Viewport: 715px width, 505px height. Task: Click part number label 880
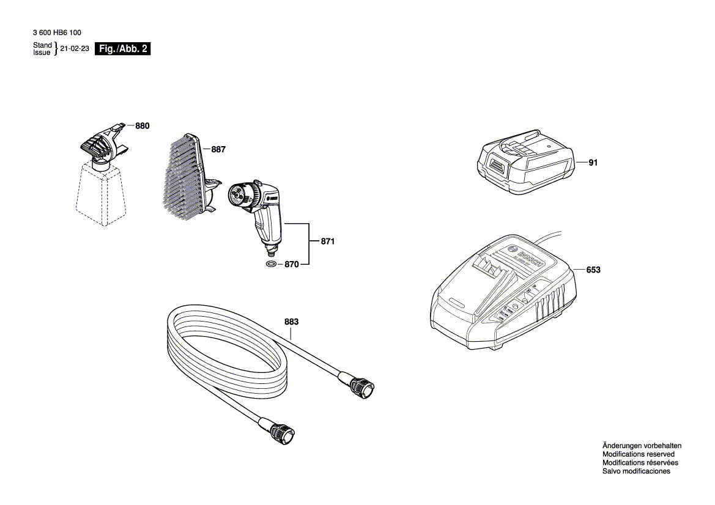click(142, 126)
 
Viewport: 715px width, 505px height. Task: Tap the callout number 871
click(328, 242)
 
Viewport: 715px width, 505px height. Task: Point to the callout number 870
click(292, 265)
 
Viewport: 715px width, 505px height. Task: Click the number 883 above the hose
click(292, 322)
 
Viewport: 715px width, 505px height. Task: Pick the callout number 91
click(593, 163)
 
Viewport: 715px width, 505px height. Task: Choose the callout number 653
click(593, 270)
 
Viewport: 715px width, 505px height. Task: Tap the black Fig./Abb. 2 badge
click(122, 50)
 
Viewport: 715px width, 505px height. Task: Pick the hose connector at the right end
click(363, 388)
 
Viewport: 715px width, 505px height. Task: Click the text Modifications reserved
click(638, 454)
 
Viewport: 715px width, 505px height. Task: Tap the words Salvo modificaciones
click(635, 471)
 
